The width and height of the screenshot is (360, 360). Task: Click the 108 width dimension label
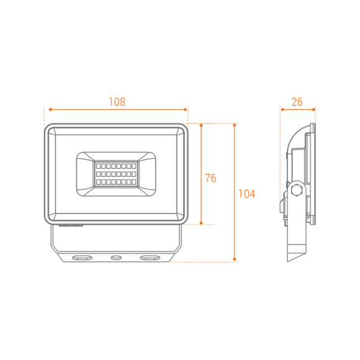[117, 102]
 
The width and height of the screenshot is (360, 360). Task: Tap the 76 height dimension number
[210, 178]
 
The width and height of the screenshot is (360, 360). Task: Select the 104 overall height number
[247, 194]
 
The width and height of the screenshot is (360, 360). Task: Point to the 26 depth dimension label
[297, 102]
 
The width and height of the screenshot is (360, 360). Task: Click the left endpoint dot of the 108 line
[50, 109]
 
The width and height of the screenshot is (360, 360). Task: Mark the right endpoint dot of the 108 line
[186, 109]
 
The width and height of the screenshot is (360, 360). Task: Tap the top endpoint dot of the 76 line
[201, 125]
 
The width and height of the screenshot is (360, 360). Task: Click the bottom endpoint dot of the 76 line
[201, 223]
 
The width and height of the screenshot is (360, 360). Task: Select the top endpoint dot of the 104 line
[235, 125]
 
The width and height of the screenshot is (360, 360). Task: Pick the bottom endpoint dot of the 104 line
[235, 259]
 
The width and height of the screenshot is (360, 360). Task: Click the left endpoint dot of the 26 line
[282, 109]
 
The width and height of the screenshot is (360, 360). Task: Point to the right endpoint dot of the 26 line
[313, 109]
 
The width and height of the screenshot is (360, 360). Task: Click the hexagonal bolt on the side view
[297, 190]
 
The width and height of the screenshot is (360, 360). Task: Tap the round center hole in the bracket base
[116, 258]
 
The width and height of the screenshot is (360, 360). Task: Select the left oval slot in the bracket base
[82, 258]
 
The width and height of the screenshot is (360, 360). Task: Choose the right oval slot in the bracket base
[150, 258]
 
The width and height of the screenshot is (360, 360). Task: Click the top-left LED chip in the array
[98, 166]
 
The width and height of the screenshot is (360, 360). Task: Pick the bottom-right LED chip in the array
[134, 182]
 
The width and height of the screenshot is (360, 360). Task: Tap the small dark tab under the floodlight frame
[71, 225]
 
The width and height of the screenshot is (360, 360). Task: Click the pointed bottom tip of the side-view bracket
[288, 261]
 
